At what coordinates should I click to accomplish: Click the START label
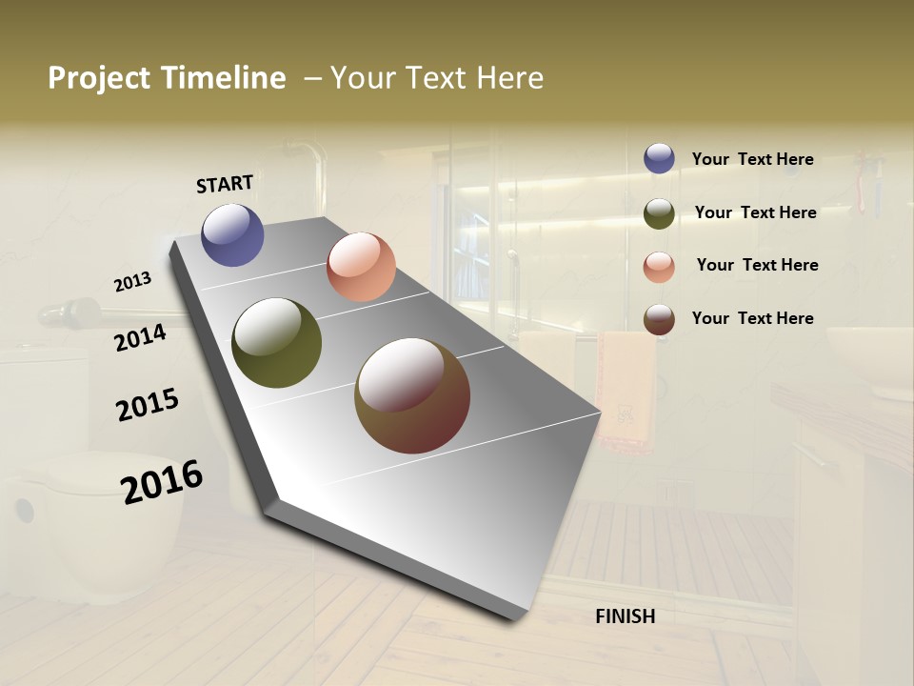click(x=225, y=184)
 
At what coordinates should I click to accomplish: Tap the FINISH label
click(x=625, y=616)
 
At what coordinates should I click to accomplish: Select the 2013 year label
click(x=132, y=282)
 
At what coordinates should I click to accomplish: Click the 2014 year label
click(x=140, y=337)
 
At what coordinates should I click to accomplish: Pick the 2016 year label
click(x=162, y=481)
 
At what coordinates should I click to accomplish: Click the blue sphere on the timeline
click(x=233, y=234)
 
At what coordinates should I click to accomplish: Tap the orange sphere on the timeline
click(x=361, y=267)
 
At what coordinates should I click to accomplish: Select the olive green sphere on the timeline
click(x=276, y=343)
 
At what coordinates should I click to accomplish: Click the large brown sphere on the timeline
click(x=412, y=395)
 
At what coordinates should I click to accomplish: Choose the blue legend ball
click(x=659, y=158)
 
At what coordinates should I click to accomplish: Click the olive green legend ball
click(x=659, y=213)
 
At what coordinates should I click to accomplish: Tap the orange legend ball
click(x=659, y=267)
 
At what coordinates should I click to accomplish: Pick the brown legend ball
click(x=659, y=319)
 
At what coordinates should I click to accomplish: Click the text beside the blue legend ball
click(x=752, y=159)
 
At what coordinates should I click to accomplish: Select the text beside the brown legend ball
click(x=752, y=318)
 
